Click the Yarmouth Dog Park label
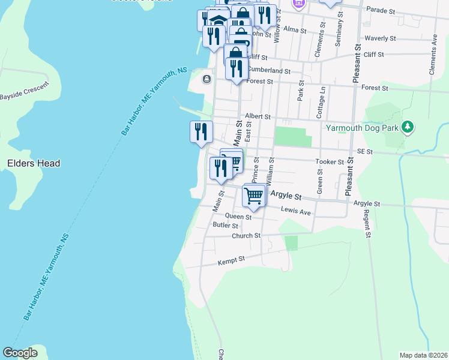(363, 127)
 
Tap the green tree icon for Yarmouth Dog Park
(408, 127)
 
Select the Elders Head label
(34, 163)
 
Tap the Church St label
(246, 236)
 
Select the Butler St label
(226, 226)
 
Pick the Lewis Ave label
(297, 212)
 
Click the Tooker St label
(330, 161)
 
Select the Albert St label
(258, 116)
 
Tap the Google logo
(20, 353)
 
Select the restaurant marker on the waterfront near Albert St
(202, 131)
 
